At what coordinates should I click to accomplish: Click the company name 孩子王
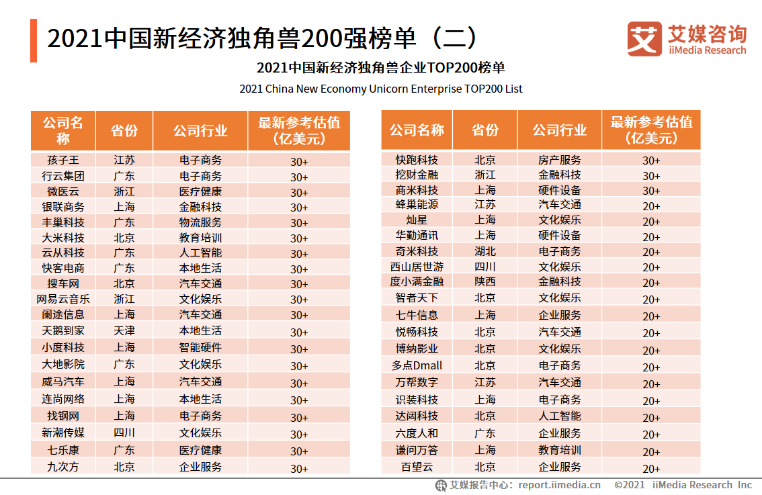point(63,161)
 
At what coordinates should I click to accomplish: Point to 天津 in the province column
point(124,331)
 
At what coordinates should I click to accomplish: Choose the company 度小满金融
point(417,282)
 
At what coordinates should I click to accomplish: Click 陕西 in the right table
point(484,282)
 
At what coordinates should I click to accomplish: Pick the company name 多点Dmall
point(417,366)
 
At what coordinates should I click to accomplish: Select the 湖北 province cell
point(484,251)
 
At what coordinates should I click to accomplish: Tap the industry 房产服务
point(560,160)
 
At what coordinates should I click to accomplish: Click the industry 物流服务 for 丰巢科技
point(200,222)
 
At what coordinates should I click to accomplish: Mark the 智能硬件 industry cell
point(200,348)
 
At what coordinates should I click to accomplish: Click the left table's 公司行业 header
point(200,131)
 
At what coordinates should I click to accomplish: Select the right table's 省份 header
point(484,130)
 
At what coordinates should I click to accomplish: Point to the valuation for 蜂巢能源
point(651,206)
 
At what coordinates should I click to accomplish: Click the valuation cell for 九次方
point(299,468)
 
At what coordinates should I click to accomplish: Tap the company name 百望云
point(417,467)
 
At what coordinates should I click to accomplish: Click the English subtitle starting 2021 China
point(380,89)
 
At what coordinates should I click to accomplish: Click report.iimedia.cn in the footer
point(560,485)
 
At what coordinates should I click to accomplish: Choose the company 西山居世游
point(417,267)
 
